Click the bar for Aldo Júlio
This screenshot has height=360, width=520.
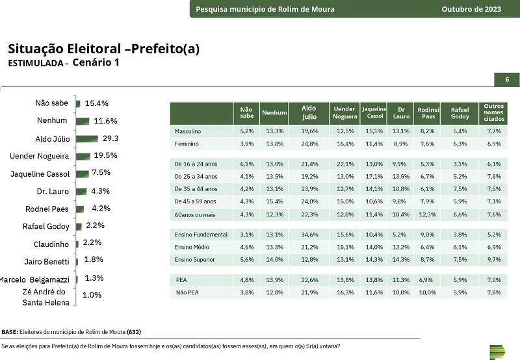coord(87,138)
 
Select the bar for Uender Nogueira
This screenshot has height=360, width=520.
coord(83,156)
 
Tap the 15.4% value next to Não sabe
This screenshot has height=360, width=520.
coord(96,103)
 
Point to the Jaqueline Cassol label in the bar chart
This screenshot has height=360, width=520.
coord(40,174)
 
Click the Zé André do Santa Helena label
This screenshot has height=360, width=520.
coord(45,297)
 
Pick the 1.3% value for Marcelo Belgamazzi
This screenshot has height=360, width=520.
coord(94,277)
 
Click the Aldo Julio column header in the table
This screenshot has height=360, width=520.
coord(309,112)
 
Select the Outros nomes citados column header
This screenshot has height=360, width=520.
coord(494,112)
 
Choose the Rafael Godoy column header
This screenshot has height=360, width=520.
coord(460,113)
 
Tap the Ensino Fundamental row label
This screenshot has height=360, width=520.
coord(201,235)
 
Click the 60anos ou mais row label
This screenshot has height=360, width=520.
coord(195,215)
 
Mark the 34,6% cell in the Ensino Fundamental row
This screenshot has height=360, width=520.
coord(309,235)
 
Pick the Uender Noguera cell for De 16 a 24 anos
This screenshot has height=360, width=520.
coord(346,164)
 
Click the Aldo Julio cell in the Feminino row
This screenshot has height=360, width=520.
coord(309,144)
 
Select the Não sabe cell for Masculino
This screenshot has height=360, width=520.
coord(247,131)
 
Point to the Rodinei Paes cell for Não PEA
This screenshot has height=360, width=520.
coord(428,292)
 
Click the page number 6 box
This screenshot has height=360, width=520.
coord(507,79)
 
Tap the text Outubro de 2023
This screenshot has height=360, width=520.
coord(471,9)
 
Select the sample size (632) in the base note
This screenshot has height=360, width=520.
coord(134,332)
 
